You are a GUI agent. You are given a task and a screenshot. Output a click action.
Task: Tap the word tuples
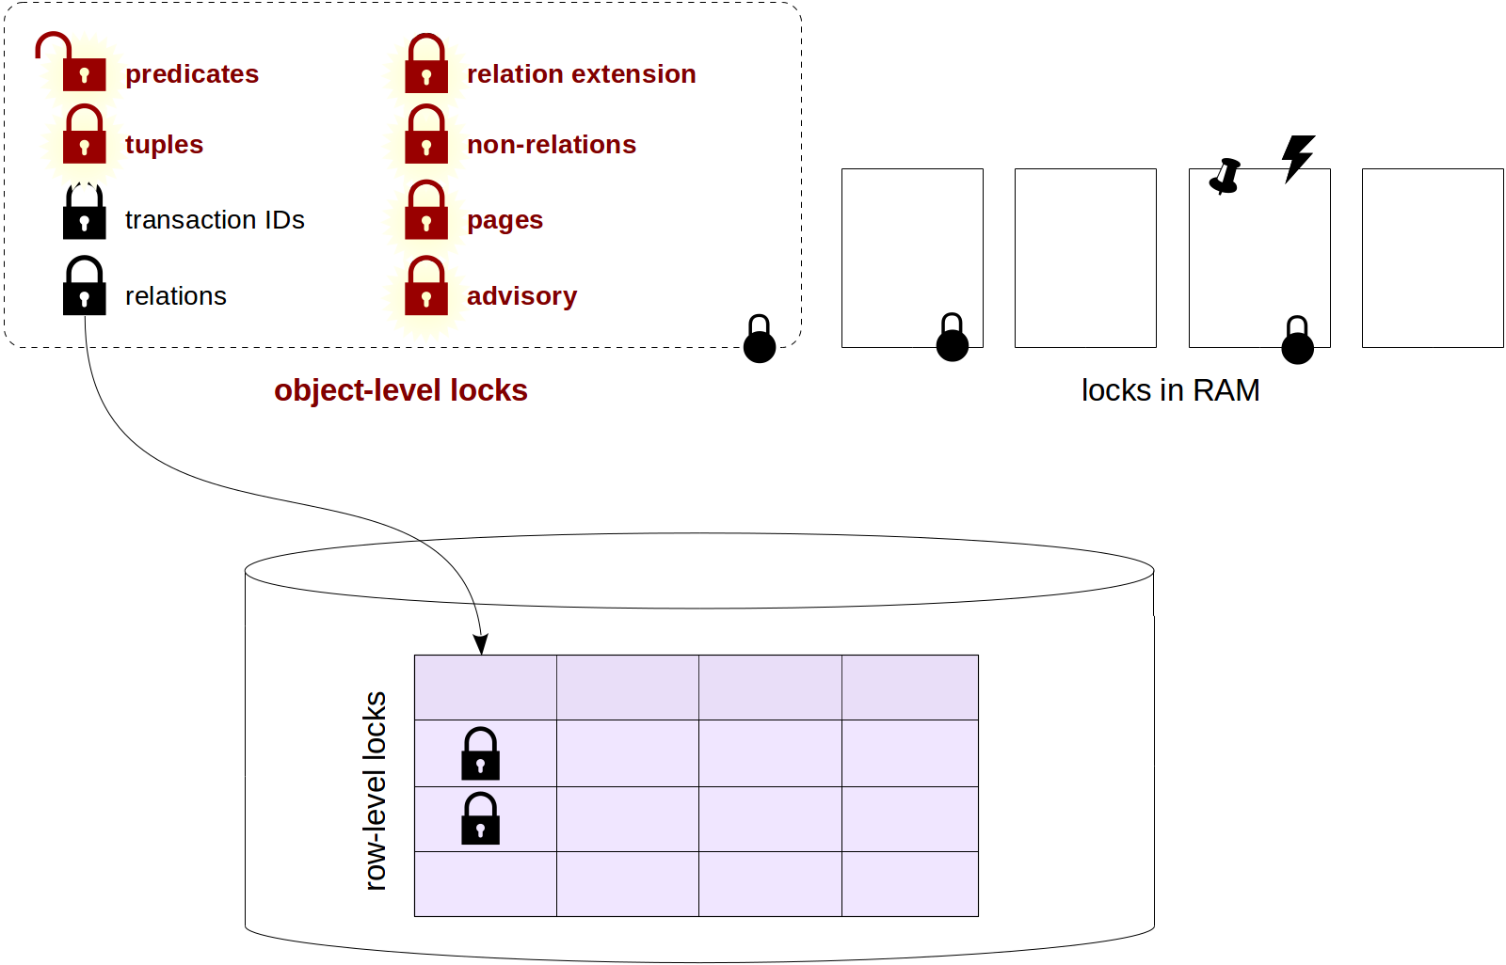(164, 145)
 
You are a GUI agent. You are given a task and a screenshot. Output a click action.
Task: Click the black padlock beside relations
(85, 287)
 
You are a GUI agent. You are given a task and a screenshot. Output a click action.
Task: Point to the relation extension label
(581, 74)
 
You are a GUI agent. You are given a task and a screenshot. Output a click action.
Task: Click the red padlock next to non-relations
(426, 135)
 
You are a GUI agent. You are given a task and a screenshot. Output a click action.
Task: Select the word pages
(505, 220)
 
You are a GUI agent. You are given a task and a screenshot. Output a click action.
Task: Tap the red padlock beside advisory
(426, 287)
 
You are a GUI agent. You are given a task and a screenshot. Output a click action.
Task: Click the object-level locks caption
(400, 390)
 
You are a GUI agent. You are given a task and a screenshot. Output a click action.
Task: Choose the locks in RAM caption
(1170, 390)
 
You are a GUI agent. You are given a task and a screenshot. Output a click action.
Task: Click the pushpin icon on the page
(1225, 176)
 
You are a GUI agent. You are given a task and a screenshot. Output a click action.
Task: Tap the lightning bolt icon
(1298, 157)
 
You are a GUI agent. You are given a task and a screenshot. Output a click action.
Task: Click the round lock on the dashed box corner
(760, 340)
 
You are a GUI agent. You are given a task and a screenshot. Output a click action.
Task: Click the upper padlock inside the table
(480, 754)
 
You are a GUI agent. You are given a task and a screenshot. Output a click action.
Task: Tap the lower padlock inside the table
(480, 819)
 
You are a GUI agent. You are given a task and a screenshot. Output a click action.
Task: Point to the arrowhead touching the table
(481, 645)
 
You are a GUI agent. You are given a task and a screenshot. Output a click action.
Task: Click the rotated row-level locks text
(376, 791)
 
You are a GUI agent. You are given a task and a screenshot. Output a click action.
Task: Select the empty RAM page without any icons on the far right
(1432, 258)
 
